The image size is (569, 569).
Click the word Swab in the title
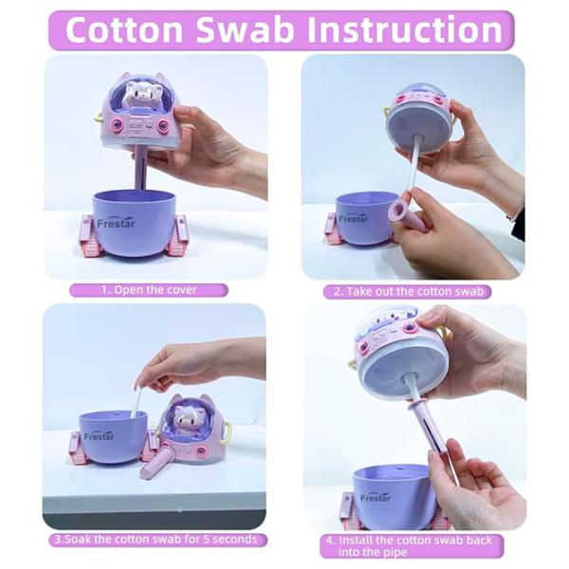tap(245, 29)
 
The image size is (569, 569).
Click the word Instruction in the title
tap(404, 29)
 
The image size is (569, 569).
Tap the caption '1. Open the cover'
tap(149, 290)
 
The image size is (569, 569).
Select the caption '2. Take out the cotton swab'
tap(409, 291)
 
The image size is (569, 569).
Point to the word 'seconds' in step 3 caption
tap(235, 540)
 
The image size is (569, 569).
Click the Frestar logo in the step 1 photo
tap(116, 223)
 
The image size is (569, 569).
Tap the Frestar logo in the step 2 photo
tap(353, 219)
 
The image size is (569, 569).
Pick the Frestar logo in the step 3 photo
tap(99, 436)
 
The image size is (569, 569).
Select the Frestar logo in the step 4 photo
tap(376, 498)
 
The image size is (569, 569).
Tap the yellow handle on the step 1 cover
tap(98, 117)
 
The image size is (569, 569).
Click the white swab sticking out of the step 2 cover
tap(413, 162)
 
